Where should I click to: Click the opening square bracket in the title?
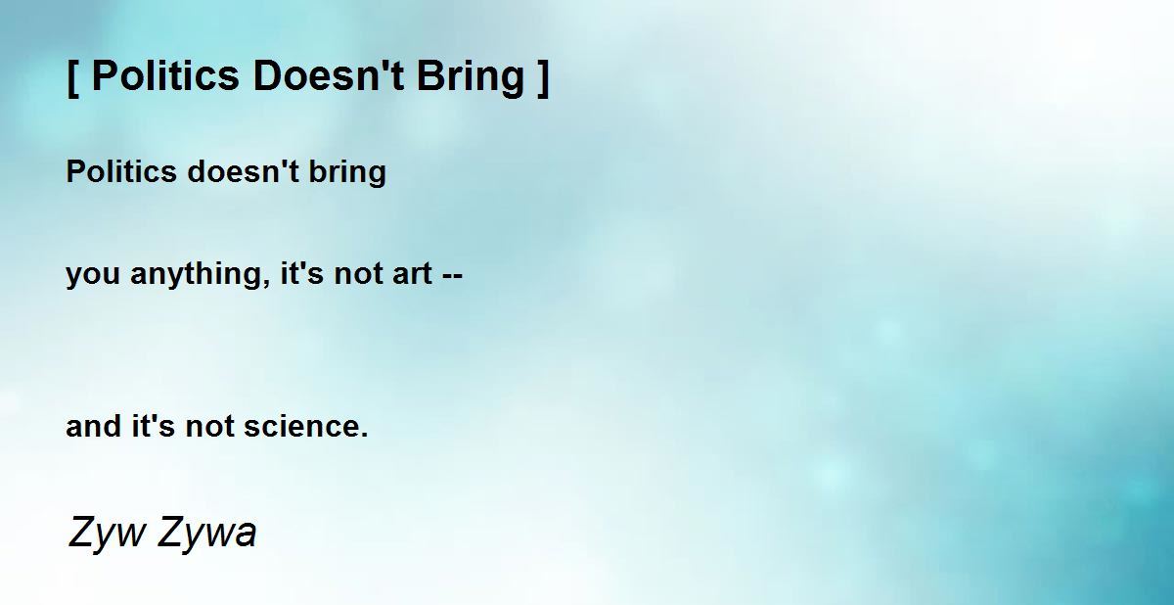pos(73,77)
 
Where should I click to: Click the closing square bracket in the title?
pos(544,77)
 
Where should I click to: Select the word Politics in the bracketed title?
pos(165,75)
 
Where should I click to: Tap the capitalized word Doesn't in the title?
pos(329,75)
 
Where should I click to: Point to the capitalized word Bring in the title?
pos(471,77)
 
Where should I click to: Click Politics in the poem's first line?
pos(121,171)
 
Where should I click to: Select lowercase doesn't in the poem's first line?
pos(244,171)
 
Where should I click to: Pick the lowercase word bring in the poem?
pos(347,173)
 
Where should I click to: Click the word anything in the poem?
pos(201,275)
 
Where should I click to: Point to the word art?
pos(413,274)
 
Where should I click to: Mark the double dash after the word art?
pos(453,276)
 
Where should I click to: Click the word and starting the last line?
pos(93,426)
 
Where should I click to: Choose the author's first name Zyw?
pos(107,533)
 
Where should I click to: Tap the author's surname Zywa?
pos(207,533)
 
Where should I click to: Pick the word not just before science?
pos(209,426)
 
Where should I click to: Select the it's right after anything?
pos(302,274)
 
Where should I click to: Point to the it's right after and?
pos(153,426)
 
